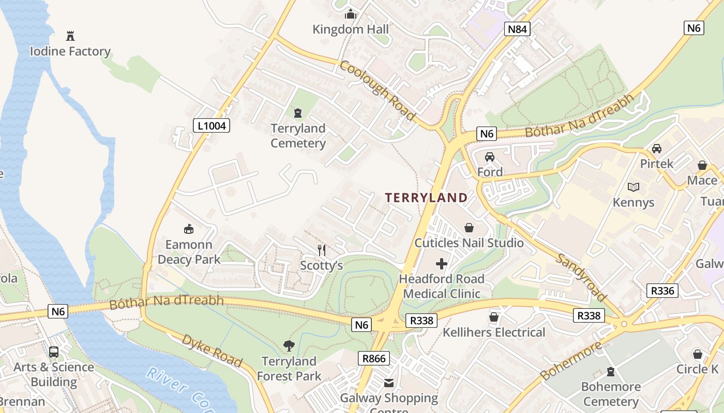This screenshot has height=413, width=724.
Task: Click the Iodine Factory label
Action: click(x=70, y=52)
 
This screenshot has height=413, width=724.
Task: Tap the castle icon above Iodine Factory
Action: click(x=70, y=36)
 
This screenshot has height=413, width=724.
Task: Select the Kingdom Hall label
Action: click(x=351, y=29)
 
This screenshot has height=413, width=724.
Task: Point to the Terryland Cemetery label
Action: click(x=298, y=136)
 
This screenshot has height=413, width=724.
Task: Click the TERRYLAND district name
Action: click(x=426, y=198)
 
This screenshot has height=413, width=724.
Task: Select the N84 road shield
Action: click(x=517, y=29)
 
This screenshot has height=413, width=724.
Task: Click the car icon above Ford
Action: click(x=489, y=156)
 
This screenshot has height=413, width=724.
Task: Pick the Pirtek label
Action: click(x=657, y=164)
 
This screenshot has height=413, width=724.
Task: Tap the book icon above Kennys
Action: click(x=633, y=187)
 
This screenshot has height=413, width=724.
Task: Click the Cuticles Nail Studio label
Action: click(x=469, y=243)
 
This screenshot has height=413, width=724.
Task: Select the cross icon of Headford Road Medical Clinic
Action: click(x=442, y=264)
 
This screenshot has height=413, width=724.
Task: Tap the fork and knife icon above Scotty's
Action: click(x=322, y=250)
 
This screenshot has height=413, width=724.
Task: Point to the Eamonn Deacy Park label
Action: click(x=189, y=252)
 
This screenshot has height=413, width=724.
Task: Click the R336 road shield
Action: click(x=662, y=291)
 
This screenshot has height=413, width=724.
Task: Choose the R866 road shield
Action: click(x=373, y=358)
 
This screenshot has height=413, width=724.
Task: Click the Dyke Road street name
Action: click(x=212, y=351)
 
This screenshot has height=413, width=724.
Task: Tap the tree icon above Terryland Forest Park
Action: click(x=289, y=346)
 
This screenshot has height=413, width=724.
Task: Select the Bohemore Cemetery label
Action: click(x=611, y=394)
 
